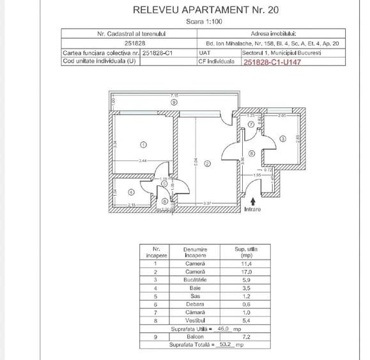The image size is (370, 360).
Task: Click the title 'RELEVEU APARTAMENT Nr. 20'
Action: (x=205, y=10)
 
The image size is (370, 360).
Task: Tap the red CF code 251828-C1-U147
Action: (x=270, y=62)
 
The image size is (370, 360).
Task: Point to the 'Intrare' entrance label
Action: (x=253, y=209)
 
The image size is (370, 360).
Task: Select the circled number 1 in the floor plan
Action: (x=143, y=144)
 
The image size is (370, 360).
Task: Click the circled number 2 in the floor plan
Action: (x=206, y=164)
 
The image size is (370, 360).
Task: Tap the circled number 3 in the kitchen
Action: (x=282, y=139)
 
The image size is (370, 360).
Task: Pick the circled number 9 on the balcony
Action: (x=173, y=102)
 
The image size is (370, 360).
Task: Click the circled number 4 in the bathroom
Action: (x=130, y=191)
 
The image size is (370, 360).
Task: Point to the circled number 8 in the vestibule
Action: (x=252, y=153)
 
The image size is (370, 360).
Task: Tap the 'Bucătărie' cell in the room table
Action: (x=195, y=279)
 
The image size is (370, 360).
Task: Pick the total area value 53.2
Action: (x=224, y=345)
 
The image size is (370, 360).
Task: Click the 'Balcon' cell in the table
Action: (x=195, y=336)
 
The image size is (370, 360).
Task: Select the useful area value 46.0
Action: (x=224, y=328)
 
